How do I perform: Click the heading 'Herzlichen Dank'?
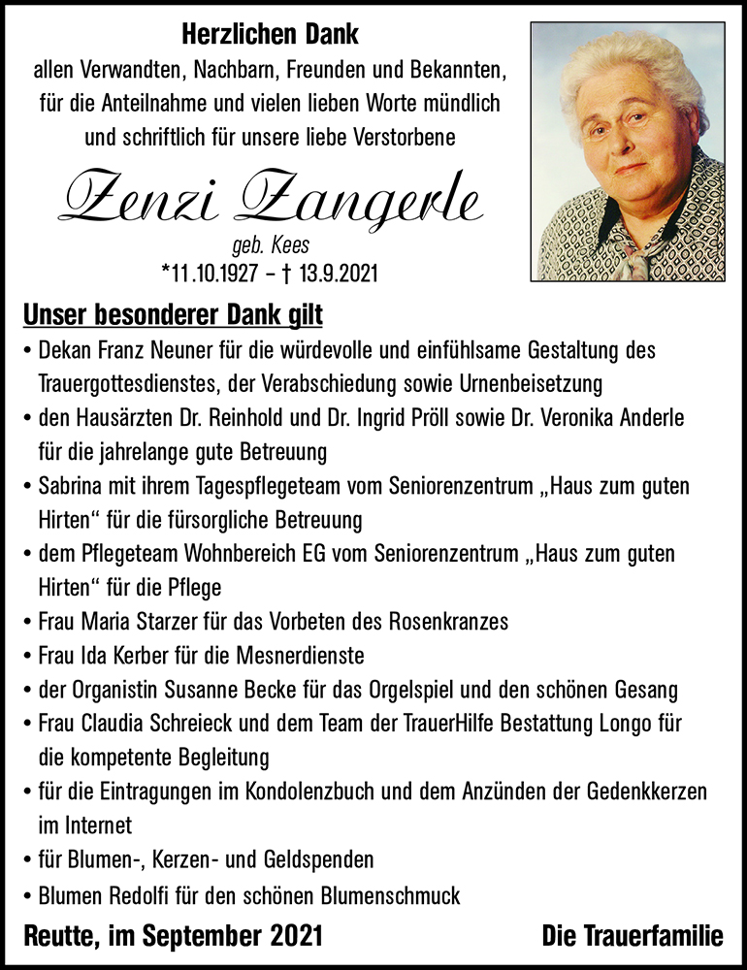270,36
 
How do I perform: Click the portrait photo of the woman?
627,151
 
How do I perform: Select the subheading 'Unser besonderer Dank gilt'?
172,315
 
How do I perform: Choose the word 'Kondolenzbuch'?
303,792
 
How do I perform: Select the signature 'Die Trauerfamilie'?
633,936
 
